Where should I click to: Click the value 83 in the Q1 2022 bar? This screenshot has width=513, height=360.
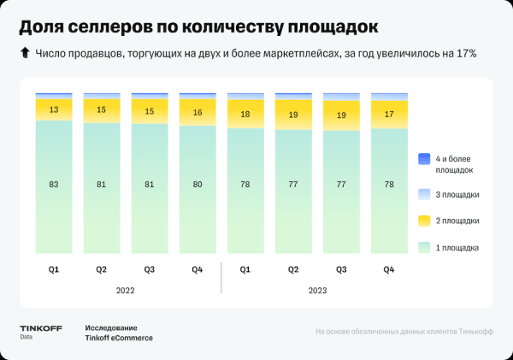[x=53, y=186]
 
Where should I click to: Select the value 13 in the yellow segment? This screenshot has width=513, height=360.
[x=53, y=109]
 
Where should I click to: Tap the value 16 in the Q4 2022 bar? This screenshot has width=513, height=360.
[x=198, y=113]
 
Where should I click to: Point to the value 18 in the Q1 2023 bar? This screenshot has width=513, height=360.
[x=245, y=115]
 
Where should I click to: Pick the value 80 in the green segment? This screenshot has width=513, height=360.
[x=198, y=186]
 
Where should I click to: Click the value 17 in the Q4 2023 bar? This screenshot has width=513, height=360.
[x=389, y=113]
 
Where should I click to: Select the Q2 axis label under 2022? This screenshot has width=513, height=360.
[x=101, y=269]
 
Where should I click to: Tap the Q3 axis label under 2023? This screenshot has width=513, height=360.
[x=341, y=269]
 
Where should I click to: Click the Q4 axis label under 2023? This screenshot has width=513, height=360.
[x=389, y=269]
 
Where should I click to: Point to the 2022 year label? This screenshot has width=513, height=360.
[x=125, y=291]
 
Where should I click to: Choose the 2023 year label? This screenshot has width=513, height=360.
[x=317, y=291]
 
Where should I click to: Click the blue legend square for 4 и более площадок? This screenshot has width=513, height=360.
[x=424, y=160]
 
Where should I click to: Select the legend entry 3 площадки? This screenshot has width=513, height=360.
[x=458, y=194]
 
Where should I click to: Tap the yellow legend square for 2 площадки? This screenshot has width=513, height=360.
[x=424, y=221]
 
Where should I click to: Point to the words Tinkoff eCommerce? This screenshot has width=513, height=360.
[x=119, y=338]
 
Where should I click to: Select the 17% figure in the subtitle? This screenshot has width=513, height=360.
[x=466, y=54]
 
